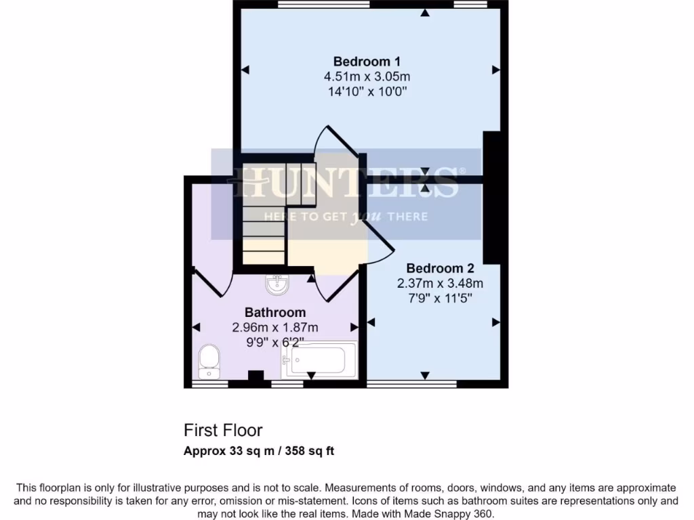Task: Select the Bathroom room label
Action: [x=274, y=313]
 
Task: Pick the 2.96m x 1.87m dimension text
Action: [x=274, y=327]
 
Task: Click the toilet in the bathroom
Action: [x=208, y=361]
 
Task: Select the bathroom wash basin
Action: [x=277, y=286]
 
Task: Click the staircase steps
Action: [x=264, y=230]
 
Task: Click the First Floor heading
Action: [x=223, y=430]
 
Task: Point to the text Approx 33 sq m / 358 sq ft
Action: [x=259, y=451]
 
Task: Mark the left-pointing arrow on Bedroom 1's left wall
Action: [x=245, y=70]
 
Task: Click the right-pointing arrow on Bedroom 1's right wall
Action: [x=496, y=70]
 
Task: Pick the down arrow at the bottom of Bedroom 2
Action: [x=425, y=376]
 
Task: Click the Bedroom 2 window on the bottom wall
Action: [x=411, y=384]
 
